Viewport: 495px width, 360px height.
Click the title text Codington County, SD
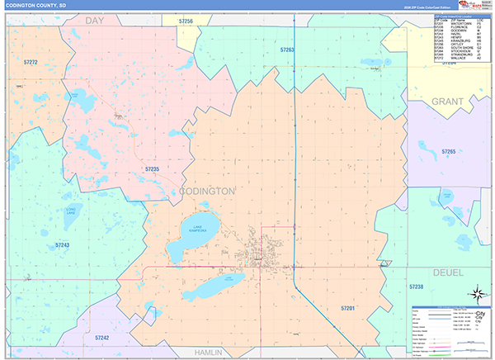pyautogui.click(x=36, y=5)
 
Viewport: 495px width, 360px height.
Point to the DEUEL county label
pyautogui.click(x=448, y=271)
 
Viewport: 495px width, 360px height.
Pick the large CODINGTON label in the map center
pyautogui.click(x=206, y=191)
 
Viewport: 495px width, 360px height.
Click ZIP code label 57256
pyautogui.click(x=186, y=21)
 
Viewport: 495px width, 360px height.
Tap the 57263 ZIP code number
pyautogui.click(x=287, y=50)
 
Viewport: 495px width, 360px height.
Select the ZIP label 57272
pyautogui.click(x=31, y=62)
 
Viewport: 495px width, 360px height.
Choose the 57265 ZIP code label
pyautogui.click(x=448, y=151)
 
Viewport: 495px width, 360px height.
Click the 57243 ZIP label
pyautogui.click(x=63, y=245)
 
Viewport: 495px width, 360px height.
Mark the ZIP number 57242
pyautogui.click(x=102, y=338)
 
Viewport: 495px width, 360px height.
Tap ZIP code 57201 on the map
pyautogui.click(x=347, y=307)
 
